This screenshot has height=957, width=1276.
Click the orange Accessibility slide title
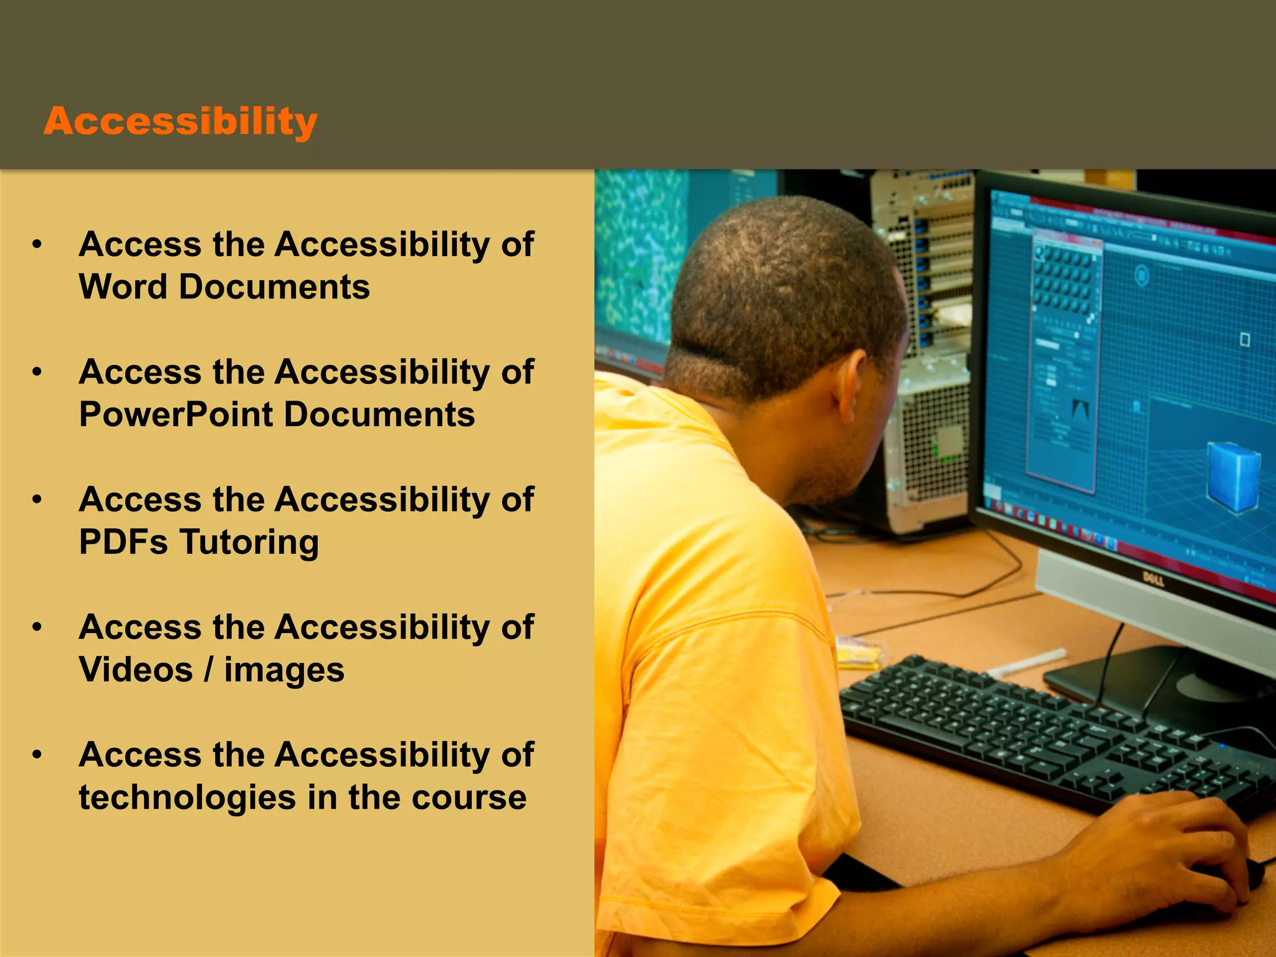point(181,121)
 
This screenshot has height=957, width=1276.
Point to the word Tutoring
point(249,542)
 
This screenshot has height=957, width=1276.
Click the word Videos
point(136,670)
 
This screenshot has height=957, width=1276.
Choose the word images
point(284,671)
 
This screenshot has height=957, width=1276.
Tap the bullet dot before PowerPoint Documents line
point(37,373)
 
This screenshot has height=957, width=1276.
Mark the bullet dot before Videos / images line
point(37,627)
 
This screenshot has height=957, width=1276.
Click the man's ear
point(851,386)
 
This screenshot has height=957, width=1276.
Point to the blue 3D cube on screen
point(1234,477)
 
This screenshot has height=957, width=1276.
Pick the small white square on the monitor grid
point(1244,340)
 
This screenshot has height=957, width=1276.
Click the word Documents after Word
point(274,287)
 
